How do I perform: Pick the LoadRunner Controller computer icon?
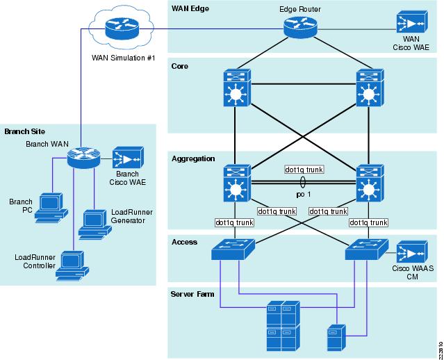(x=70, y=266)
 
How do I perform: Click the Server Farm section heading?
(x=192, y=294)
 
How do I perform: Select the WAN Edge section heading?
(x=190, y=8)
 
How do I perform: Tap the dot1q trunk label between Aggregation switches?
(x=304, y=169)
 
